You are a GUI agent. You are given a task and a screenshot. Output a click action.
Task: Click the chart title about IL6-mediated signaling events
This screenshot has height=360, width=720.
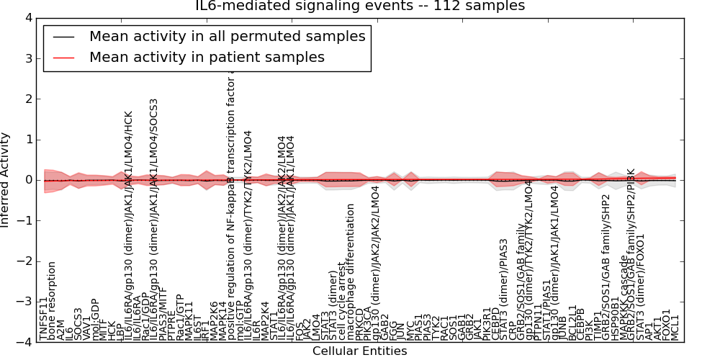[x=360, y=6]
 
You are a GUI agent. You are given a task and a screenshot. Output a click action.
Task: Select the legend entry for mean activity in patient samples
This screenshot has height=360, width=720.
[x=207, y=57]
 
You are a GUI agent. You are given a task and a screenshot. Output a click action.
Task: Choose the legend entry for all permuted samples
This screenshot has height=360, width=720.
[x=227, y=36]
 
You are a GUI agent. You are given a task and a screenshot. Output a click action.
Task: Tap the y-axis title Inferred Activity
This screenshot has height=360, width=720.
[x=6, y=179]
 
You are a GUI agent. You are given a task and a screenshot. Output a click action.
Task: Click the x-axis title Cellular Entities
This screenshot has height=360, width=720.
[x=359, y=351]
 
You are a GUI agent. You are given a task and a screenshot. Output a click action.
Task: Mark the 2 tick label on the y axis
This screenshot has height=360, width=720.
[x=27, y=99]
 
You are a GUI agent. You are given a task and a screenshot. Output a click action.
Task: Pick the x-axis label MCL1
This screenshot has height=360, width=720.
[x=675, y=328]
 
